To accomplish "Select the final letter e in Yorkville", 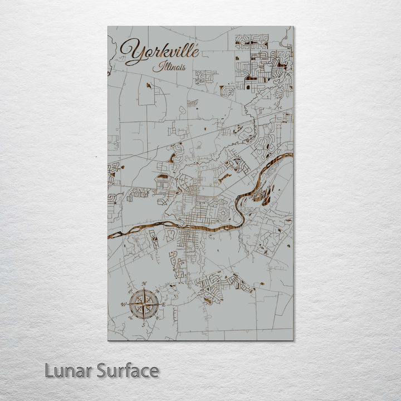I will click(x=194, y=51).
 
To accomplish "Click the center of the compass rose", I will click(x=144, y=304).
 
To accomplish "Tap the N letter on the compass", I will click(x=144, y=285).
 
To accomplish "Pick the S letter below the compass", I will click(x=144, y=324).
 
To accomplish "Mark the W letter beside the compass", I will click(x=124, y=305).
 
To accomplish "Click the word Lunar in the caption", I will click(x=68, y=370).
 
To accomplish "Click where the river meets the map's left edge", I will click(x=108, y=233).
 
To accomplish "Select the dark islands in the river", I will click(x=266, y=195).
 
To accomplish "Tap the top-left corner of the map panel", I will click(x=107, y=26).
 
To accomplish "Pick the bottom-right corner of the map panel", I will click(x=294, y=340).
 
